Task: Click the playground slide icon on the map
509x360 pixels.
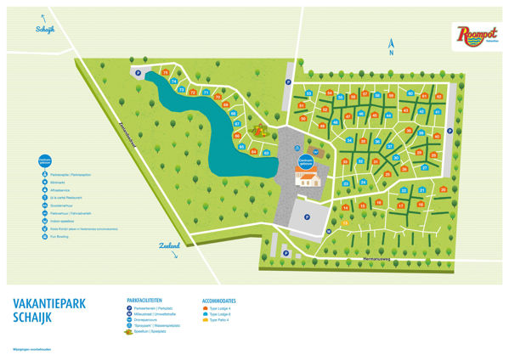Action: [x=261, y=132]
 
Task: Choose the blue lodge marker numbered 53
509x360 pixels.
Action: [x=308, y=93]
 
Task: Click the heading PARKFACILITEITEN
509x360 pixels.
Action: [x=150, y=300]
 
